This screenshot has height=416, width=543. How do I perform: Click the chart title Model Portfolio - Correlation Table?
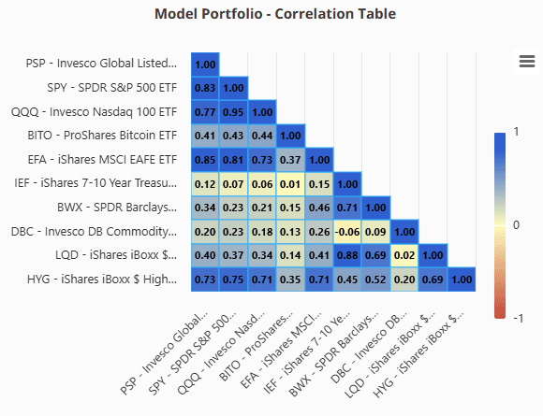tap(275, 14)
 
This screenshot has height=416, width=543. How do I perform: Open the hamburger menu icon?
tap(527, 62)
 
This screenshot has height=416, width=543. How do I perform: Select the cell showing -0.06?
tap(347, 232)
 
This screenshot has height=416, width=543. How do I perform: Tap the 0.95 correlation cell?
tap(233, 112)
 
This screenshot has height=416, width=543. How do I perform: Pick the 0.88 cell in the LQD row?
tap(347, 255)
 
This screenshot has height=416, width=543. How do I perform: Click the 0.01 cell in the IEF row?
tap(290, 184)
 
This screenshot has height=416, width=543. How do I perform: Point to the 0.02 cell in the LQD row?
tap(404, 255)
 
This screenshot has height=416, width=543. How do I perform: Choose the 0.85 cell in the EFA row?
tap(205, 160)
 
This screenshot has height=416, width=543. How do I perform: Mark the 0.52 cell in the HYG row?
tap(375, 280)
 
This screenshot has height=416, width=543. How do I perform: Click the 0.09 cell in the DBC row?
tap(375, 232)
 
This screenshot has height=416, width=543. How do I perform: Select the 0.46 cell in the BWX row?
tap(319, 208)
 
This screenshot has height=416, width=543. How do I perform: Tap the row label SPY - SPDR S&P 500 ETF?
tap(112, 88)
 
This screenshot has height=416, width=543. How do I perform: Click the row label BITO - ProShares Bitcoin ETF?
tap(102, 136)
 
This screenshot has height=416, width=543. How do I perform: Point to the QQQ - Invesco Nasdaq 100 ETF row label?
tap(95, 112)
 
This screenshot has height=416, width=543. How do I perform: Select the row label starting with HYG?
tap(102, 280)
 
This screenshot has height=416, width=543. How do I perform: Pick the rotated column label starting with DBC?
tap(369, 348)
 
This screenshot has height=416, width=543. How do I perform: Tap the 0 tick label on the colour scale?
tap(516, 225)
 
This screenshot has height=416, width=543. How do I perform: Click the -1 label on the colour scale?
tap(518, 318)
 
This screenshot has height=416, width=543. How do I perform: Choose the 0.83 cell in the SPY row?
tap(205, 88)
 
